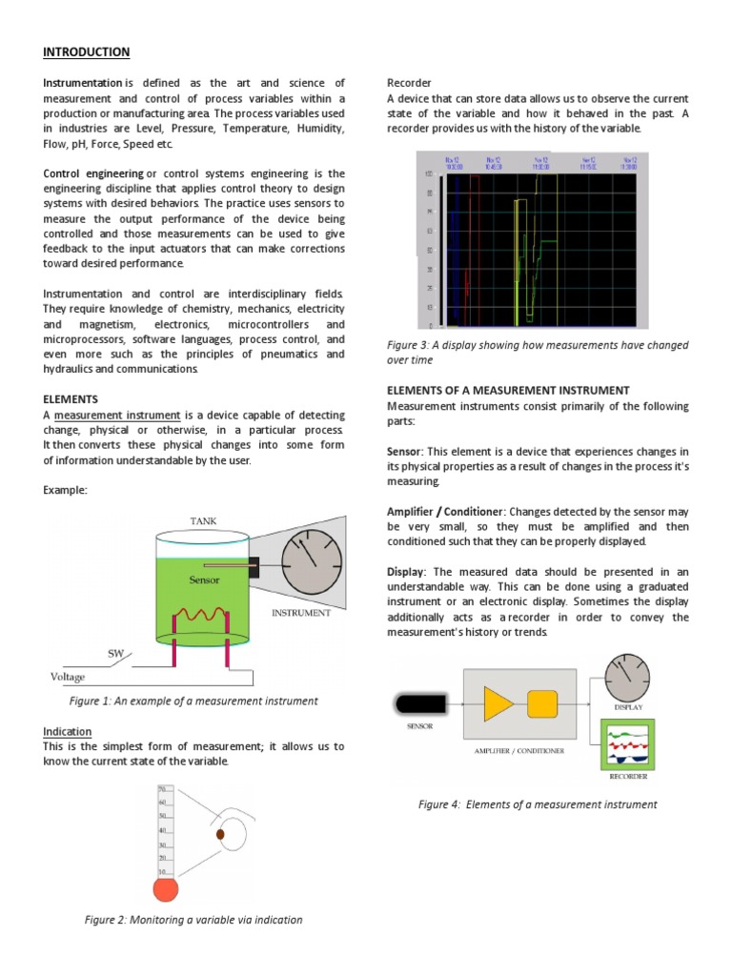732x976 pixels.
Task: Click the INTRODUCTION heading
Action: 86,51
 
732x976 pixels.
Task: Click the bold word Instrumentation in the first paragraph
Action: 82,84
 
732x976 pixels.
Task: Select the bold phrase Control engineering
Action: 92,173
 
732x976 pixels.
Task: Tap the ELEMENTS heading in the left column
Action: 70,398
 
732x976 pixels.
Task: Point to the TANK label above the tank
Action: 205,520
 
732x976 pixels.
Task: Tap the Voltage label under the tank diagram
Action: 67,677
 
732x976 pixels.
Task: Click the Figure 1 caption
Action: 193,701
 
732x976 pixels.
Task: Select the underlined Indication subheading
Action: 67,731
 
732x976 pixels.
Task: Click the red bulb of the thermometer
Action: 166,889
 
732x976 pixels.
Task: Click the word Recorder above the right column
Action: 409,83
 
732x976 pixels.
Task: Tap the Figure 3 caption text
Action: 538,353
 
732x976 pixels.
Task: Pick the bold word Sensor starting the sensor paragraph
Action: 404,450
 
